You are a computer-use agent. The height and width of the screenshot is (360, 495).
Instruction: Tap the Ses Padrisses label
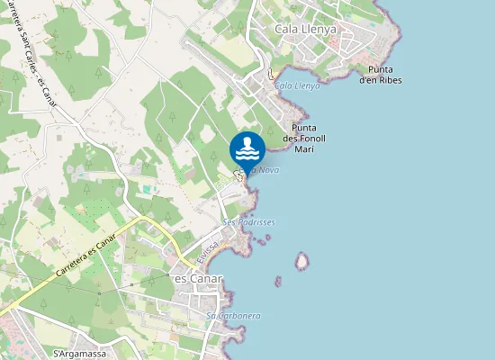248,221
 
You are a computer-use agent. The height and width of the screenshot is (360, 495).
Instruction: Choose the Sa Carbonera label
233,315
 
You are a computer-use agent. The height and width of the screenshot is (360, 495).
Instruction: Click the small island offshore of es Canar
302,261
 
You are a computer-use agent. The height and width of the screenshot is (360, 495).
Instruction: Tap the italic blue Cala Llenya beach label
297,85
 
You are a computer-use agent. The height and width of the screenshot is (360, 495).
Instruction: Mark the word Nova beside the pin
268,169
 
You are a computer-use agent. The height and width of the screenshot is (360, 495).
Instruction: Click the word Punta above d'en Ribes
380,69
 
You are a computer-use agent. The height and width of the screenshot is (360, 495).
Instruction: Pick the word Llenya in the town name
319,30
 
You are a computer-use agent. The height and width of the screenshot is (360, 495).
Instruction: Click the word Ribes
390,80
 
